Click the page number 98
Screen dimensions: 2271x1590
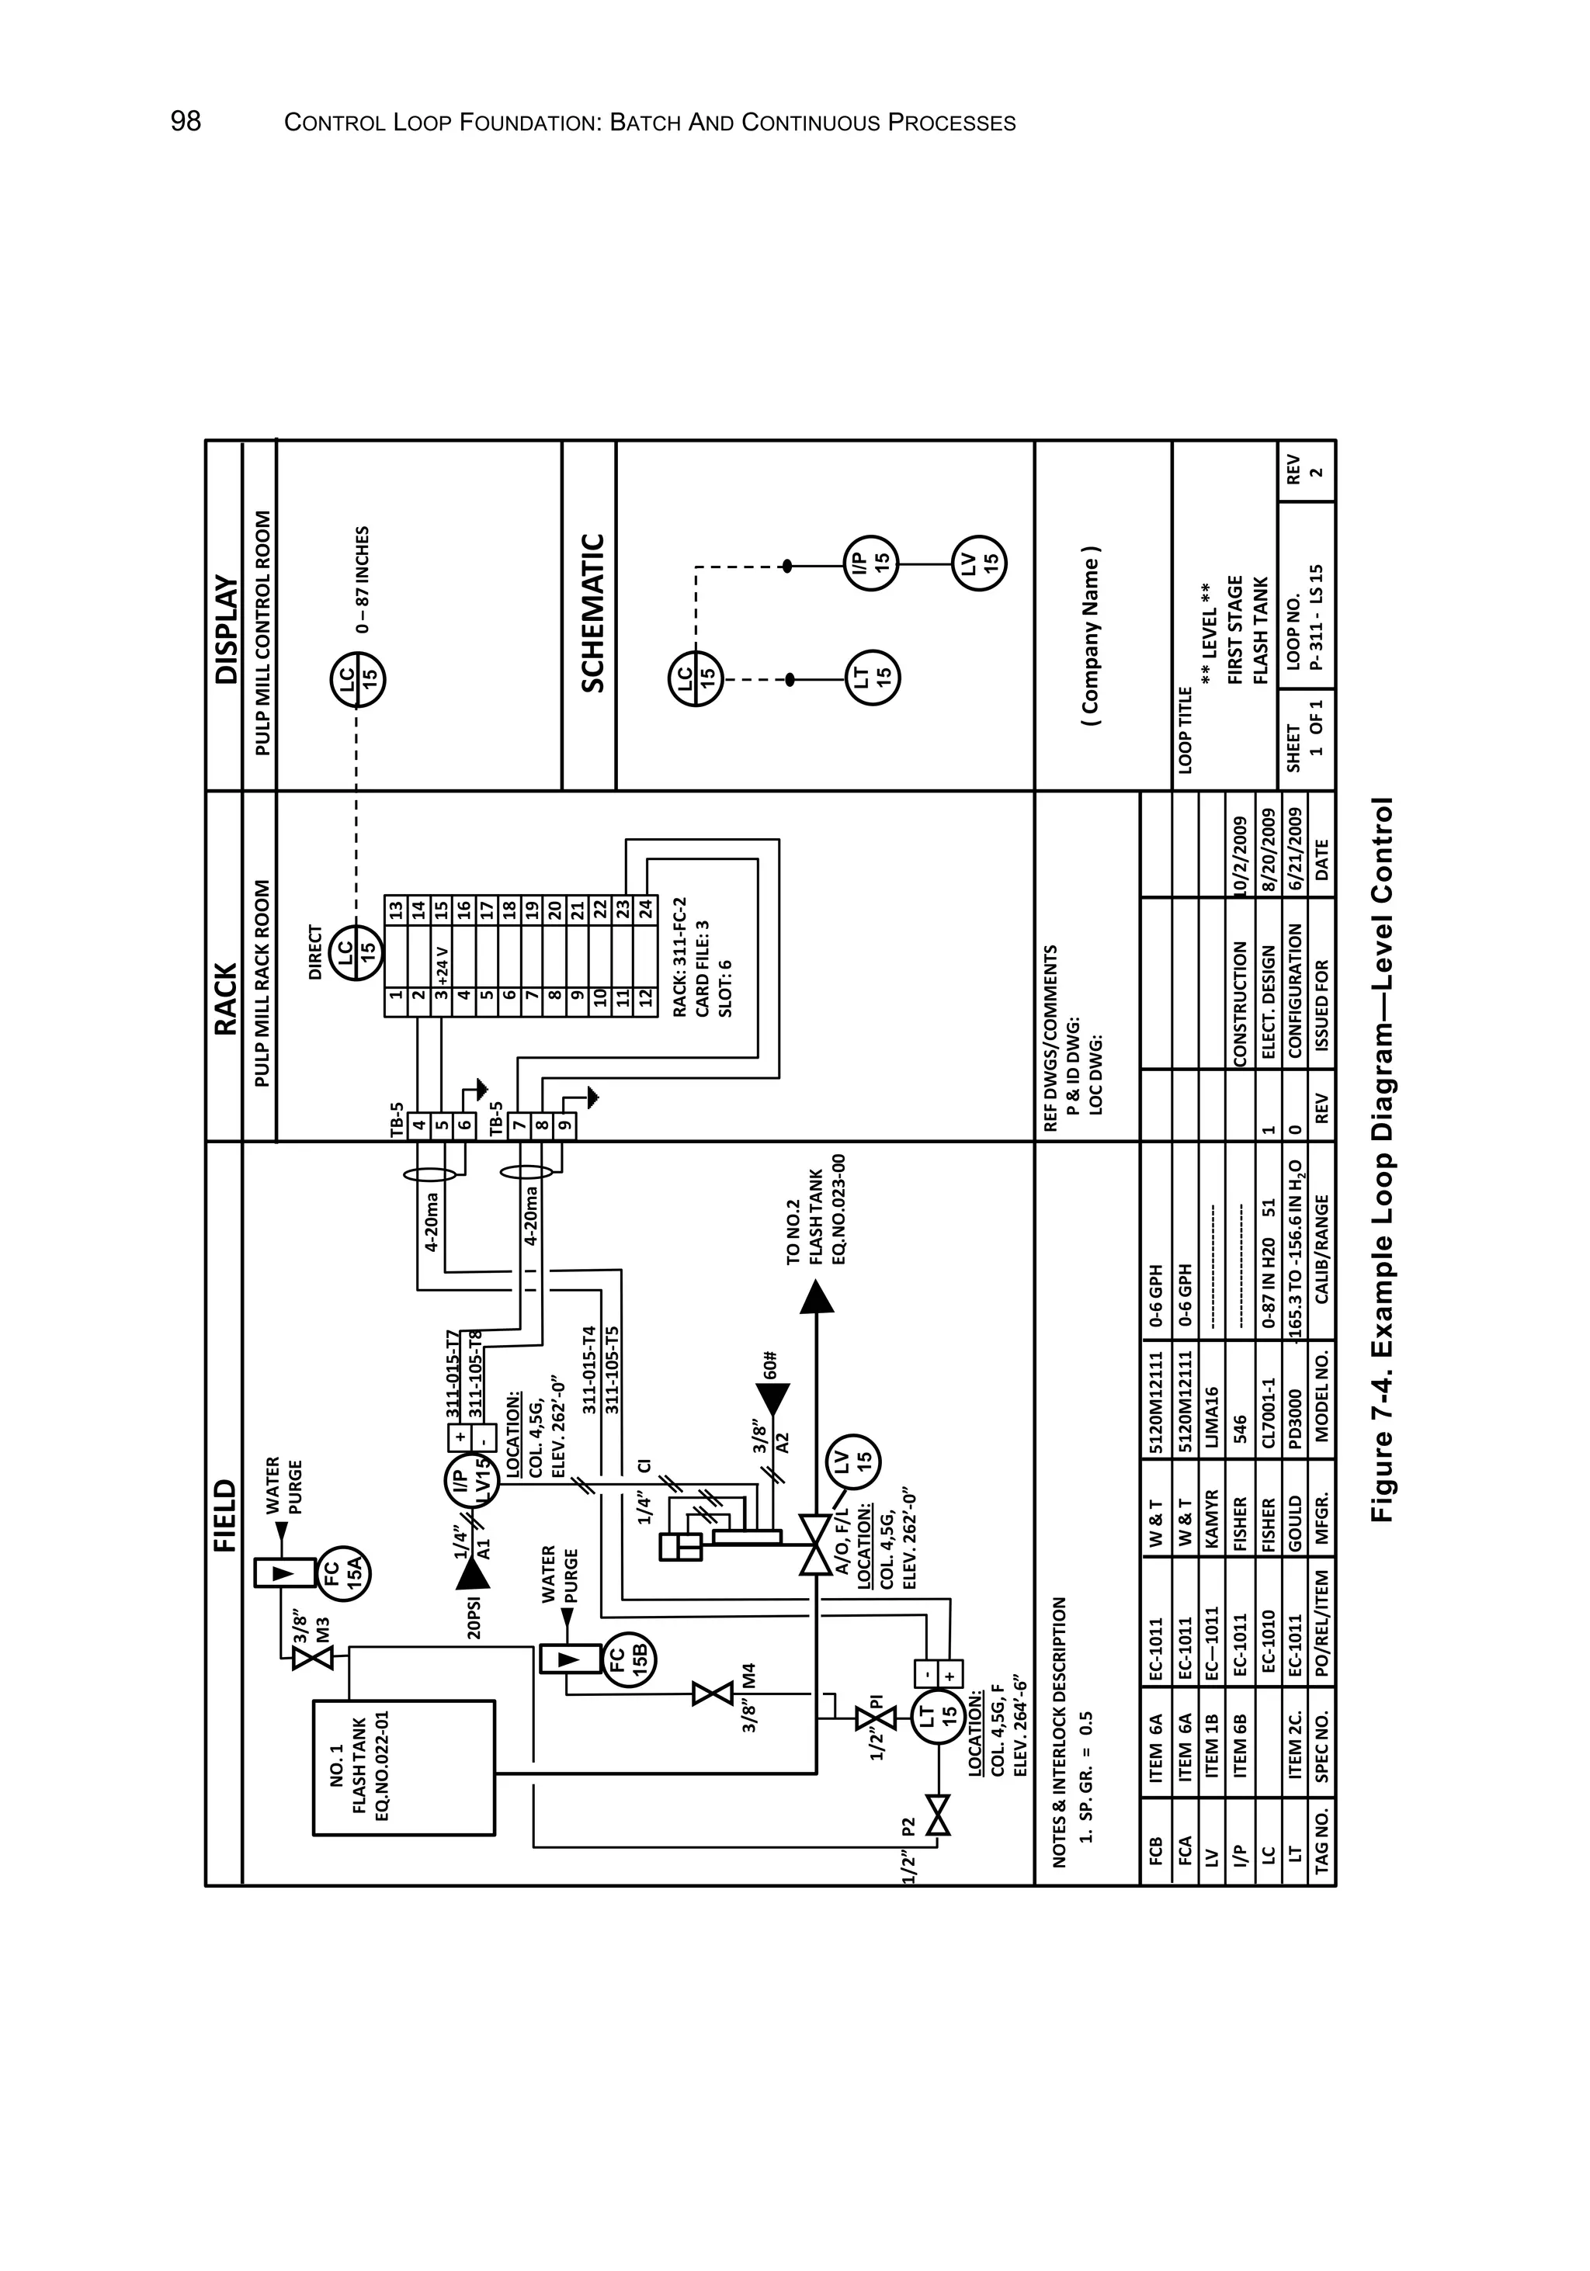coord(186,122)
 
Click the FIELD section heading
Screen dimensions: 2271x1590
coord(224,1514)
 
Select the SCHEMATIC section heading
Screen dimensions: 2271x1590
coord(592,612)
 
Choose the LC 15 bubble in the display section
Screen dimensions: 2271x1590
coord(357,678)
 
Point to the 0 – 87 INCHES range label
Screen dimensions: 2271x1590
coord(363,579)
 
